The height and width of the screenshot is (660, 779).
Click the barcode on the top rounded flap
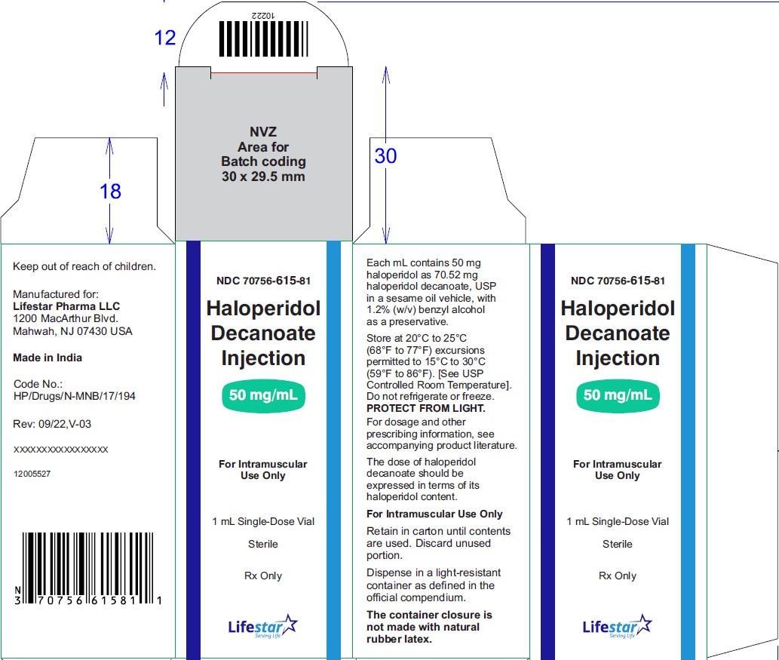[263, 38]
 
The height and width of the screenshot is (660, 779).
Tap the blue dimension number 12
[165, 38]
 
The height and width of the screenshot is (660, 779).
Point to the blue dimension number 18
[110, 192]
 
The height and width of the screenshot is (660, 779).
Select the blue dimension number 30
[385, 156]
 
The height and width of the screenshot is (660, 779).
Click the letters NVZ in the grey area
[263, 132]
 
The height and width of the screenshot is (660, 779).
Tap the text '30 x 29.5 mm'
[263, 177]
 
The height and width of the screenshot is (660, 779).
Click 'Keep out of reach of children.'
[84, 266]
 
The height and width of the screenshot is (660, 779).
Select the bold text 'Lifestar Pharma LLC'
[66, 306]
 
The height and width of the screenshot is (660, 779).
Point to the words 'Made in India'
[48, 358]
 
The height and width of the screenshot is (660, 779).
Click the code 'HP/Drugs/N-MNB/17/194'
[75, 396]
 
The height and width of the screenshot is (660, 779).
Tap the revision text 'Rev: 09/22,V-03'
[52, 424]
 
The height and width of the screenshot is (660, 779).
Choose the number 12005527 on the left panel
[32, 474]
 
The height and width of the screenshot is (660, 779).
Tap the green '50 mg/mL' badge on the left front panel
[263, 395]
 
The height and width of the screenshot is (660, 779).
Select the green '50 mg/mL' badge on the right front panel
[618, 395]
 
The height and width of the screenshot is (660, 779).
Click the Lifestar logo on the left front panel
[263, 626]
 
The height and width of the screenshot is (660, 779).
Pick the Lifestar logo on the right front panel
[617, 626]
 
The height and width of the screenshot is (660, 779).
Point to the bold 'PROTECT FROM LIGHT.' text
[426, 409]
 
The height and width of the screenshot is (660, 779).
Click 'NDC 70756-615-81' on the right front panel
[618, 281]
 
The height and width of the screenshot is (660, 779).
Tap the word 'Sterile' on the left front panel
[263, 544]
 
